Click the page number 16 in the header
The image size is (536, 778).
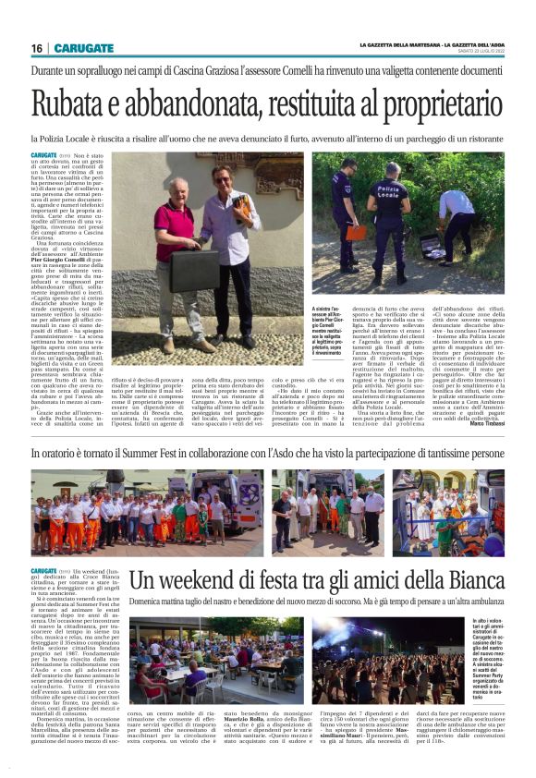point(36,48)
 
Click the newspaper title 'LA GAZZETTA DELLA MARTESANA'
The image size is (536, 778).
point(413,46)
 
